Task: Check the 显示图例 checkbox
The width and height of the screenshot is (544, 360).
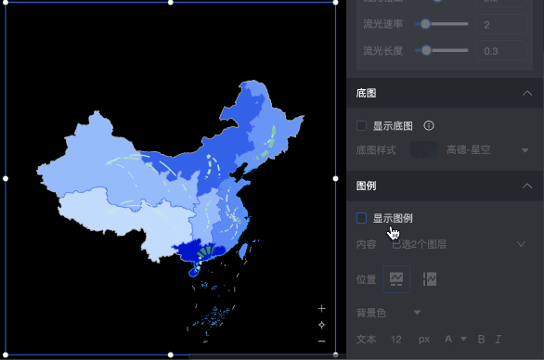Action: pos(362,218)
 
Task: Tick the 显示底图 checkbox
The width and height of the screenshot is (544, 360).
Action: pos(362,125)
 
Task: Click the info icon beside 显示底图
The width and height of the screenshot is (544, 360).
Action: pos(429,125)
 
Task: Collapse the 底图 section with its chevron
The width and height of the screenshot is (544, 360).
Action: pos(526,94)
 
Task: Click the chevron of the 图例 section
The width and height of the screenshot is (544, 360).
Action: pos(526,186)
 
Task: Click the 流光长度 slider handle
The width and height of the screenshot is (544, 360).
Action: pos(426,50)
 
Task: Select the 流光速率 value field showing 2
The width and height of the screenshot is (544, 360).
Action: pos(501,24)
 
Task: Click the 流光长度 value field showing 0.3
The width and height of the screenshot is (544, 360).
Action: pos(501,50)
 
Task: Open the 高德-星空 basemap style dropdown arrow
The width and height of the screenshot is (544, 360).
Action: pos(525,150)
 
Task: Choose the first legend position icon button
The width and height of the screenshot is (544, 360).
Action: pos(396,279)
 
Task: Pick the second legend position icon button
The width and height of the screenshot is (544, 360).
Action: pos(429,279)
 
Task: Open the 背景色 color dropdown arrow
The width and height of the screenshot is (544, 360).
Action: pos(418,312)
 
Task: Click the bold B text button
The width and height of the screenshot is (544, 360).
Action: pos(482,340)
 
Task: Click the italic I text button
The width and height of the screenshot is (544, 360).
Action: pos(499,340)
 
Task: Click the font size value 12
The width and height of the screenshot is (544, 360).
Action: pos(396,340)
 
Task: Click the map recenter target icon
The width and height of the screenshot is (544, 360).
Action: pos(321,325)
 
